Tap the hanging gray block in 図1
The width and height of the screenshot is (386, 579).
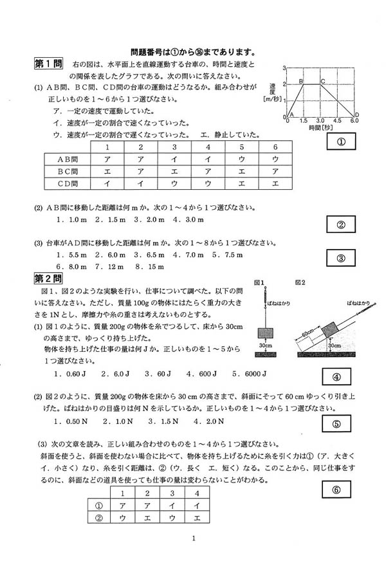264,333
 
